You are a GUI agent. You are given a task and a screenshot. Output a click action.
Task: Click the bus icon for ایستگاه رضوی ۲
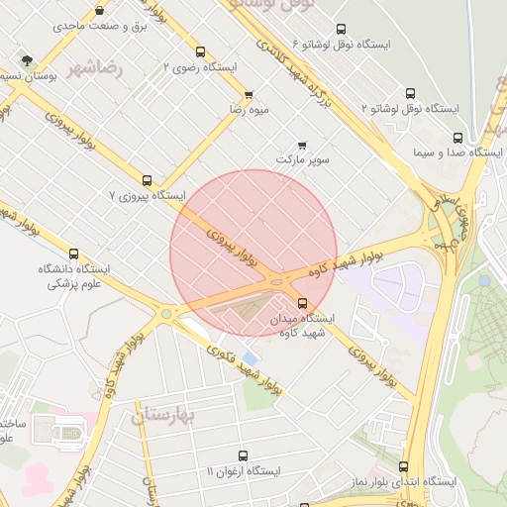click(201, 51)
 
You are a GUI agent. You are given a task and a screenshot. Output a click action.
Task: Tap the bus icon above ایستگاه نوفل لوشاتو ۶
click(342, 30)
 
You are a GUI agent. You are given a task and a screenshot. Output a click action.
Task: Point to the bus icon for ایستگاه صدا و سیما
click(457, 138)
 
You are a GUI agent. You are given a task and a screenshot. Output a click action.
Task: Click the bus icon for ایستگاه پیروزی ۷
click(147, 180)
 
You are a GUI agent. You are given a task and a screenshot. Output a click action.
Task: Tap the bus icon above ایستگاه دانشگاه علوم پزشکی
click(73, 254)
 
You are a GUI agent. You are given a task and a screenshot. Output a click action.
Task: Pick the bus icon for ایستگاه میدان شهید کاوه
click(302, 304)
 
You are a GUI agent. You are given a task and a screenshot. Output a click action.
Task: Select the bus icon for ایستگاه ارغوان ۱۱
click(244, 456)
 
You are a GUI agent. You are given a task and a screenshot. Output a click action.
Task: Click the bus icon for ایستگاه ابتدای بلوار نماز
click(403, 466)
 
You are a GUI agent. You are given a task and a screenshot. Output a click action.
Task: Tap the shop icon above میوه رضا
click(249, 95)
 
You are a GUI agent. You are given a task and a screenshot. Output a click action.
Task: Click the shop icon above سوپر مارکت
click(302, 145)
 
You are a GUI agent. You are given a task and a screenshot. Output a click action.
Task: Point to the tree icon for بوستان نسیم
click(26, 59)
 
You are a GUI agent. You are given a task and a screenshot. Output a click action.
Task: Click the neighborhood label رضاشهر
click(96, 69)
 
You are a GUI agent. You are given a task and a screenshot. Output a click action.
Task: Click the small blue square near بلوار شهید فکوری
click(249, 357)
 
